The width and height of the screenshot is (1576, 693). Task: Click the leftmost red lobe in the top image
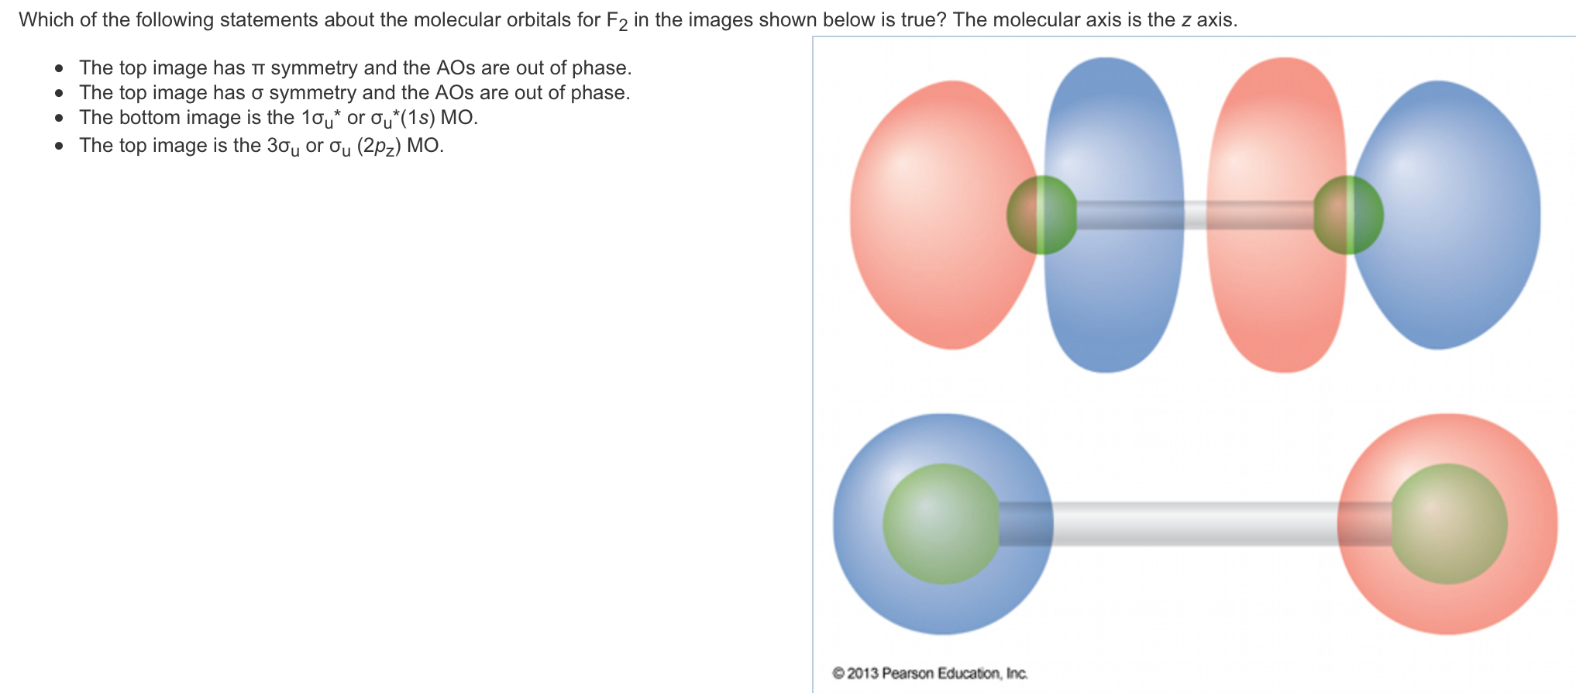pyautogui.click(x=938, y=217)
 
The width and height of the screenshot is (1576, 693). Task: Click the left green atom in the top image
pyautogui.click(x=1041, y=215)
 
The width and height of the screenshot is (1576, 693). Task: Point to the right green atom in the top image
pyautogui.click(x=1348, y=215)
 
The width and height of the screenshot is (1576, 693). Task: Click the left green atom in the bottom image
pyautogui.click(x=941, y=524)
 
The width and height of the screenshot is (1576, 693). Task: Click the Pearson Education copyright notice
pyautogui.click(x=930, y=673)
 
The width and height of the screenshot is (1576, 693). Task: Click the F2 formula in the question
pyautogui.click(x=616, y=21)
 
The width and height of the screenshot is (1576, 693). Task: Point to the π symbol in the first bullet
pyautogui.click(x=258, y=68)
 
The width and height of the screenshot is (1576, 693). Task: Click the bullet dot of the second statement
pyautogui.click(x=60, y=94)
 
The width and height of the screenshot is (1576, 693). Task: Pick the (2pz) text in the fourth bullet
pyautogui.click(x=379, y=147)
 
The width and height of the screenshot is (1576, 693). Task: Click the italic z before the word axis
pyautogui.click(x=1185, y=20)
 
